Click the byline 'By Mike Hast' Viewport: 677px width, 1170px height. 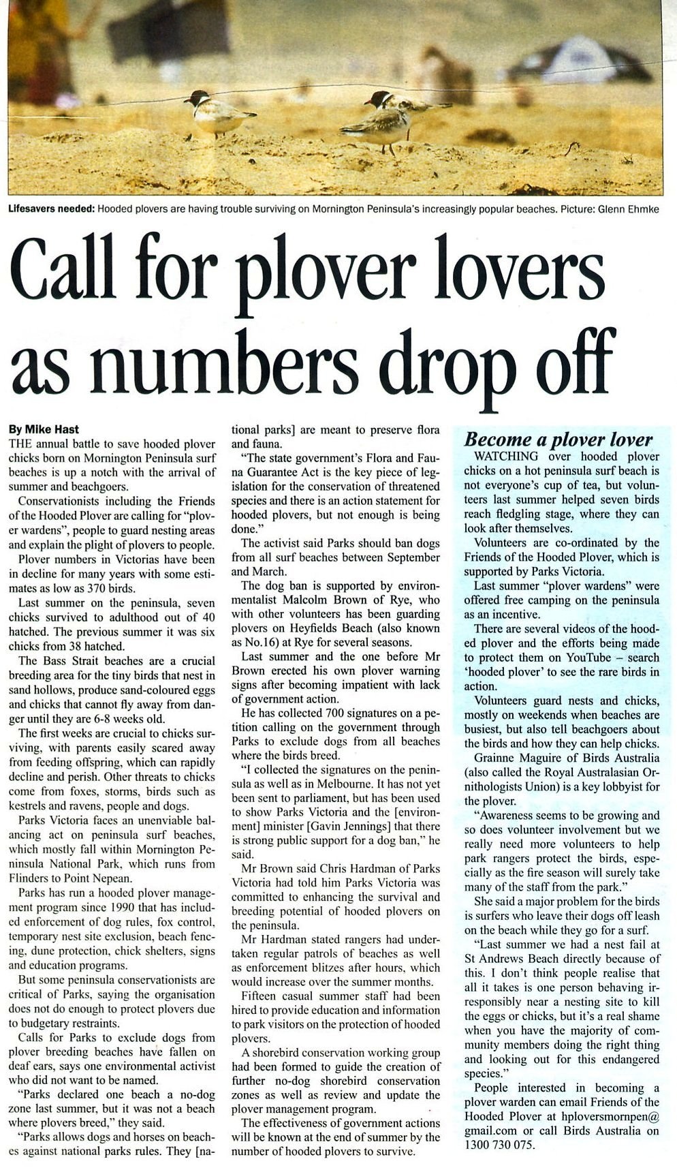pyautogui.click(x=44, y=429)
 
